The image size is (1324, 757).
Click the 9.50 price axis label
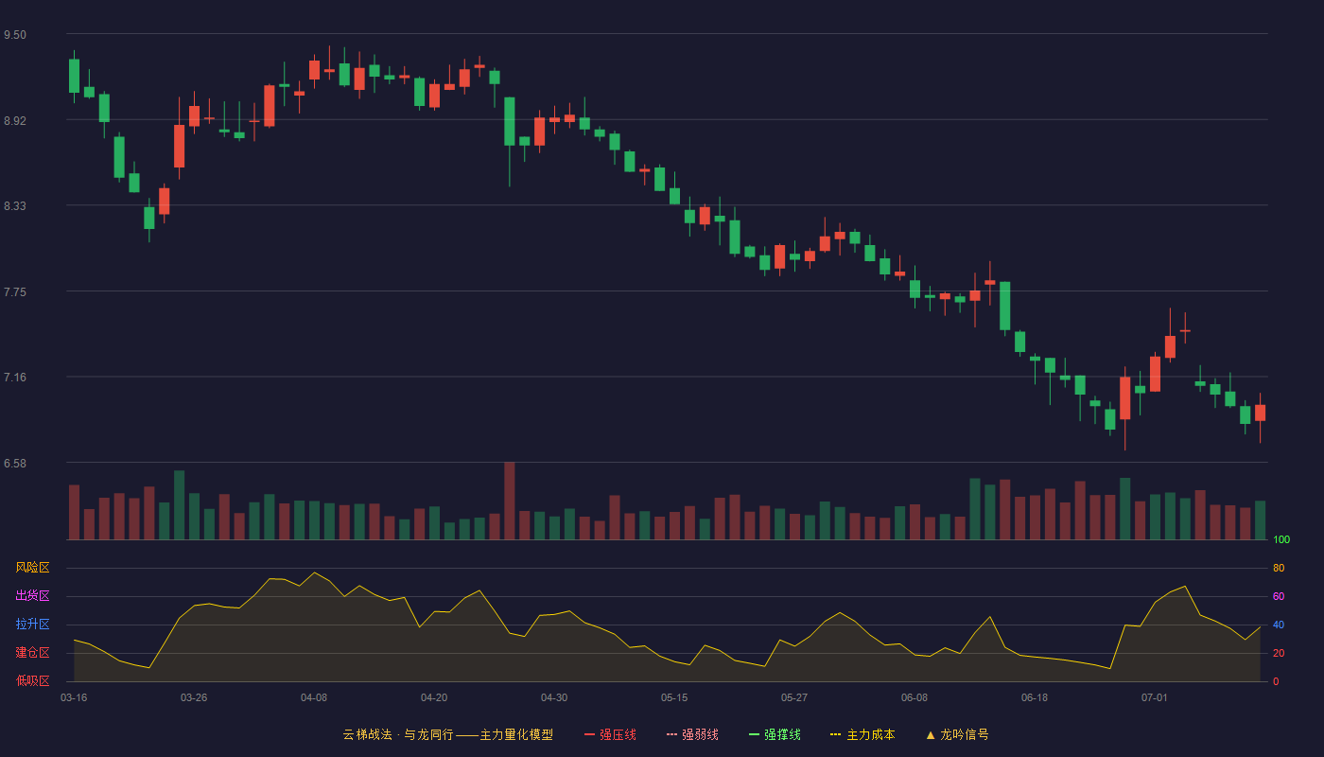click(x=15, y=35)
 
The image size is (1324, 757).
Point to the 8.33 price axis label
click(x=15, y=206)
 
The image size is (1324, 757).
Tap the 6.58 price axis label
click(x=15, y=463)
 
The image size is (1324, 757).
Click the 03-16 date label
click(x=74, y=698)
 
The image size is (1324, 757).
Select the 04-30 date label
click(x=554, y=698)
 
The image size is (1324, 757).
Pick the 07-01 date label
click(x=1155, y=698)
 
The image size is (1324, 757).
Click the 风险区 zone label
click(x=32, y=568)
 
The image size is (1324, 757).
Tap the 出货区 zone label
click(x=32, y=595)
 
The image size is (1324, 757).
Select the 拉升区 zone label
click(x=32, y=624)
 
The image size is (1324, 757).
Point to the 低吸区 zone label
click(x=32, y=680)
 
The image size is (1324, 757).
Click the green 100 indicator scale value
click(x=1281, y=539)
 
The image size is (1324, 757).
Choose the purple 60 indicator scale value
click(x=1279, y=596)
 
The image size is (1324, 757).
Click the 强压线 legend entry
click(x=610, y=734)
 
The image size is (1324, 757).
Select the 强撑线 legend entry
click(x=775, y=734)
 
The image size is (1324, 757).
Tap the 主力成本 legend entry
click(x=862, y=734)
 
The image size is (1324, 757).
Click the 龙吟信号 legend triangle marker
click(x=931, y=735)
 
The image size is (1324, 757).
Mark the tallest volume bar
click(x=510, y=501)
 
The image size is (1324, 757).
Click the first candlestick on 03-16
click(x=74, y=77)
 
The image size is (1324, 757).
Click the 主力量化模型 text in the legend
click(x=516, y=734)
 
